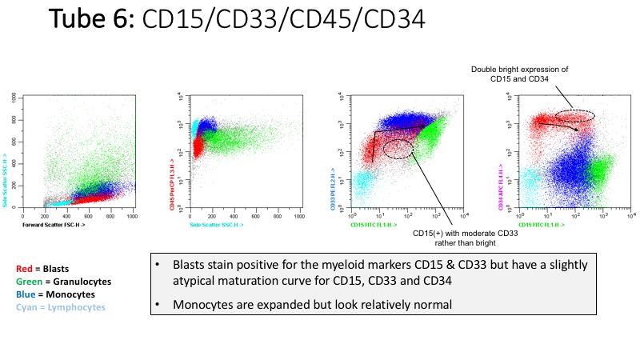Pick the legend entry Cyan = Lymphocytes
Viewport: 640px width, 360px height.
(x=60, y=308)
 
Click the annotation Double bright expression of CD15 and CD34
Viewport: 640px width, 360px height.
(x=519, y=74)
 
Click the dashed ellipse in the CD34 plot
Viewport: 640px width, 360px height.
(x=575, y=116)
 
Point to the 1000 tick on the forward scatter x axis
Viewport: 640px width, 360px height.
(x=132, y=218)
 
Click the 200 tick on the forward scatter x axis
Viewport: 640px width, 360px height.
(x=46, y=218)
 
